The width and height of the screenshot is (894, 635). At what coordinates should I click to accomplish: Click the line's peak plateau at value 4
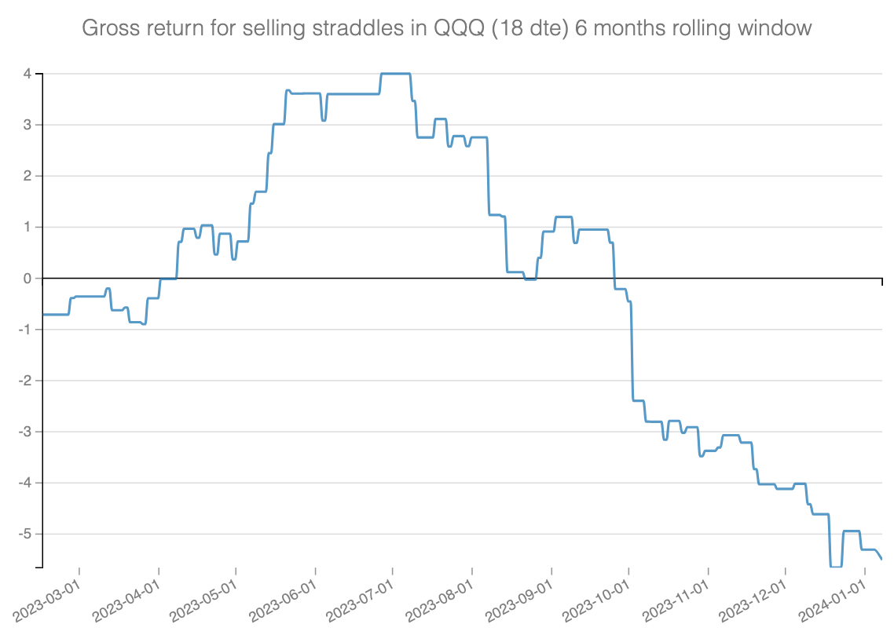(395, 74)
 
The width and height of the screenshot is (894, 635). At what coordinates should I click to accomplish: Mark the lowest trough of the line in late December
(836, 566)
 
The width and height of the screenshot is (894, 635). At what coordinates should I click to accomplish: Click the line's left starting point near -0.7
(43, 314)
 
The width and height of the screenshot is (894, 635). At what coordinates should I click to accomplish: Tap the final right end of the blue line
(881, 559)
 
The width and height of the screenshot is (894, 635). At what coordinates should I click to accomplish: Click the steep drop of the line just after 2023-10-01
(632, 353)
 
